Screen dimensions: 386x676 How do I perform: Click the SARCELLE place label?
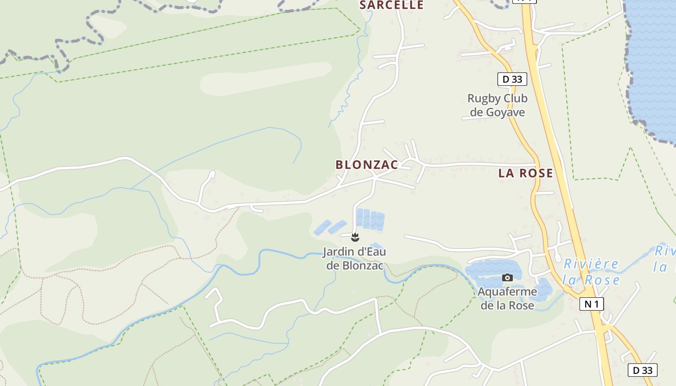pos(392,5)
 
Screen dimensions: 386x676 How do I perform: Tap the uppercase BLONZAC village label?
pos(367,165)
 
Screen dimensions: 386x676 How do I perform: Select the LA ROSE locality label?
pos(525,173)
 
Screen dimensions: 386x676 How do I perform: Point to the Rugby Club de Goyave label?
pos(497,105)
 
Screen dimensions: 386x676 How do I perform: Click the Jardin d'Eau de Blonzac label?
pos(354,259)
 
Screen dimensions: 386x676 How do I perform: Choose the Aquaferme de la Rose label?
pos(507,298)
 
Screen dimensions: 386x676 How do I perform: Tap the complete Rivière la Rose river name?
pos(591,272)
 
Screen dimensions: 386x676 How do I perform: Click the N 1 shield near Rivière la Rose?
pos(591,303)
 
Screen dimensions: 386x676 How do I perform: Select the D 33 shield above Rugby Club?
pos(512,79)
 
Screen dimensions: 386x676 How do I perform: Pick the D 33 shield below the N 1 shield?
pos(643,370)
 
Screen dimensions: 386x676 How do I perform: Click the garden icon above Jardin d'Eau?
pos(355,236)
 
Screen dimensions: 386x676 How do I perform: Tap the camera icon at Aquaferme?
pos(507,277)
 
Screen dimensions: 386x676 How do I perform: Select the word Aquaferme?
pos(507,292)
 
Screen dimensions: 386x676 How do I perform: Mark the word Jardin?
pos(338,252)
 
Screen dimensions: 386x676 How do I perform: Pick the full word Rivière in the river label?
pos(591,264)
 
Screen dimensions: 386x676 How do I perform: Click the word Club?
pos(516,98)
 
